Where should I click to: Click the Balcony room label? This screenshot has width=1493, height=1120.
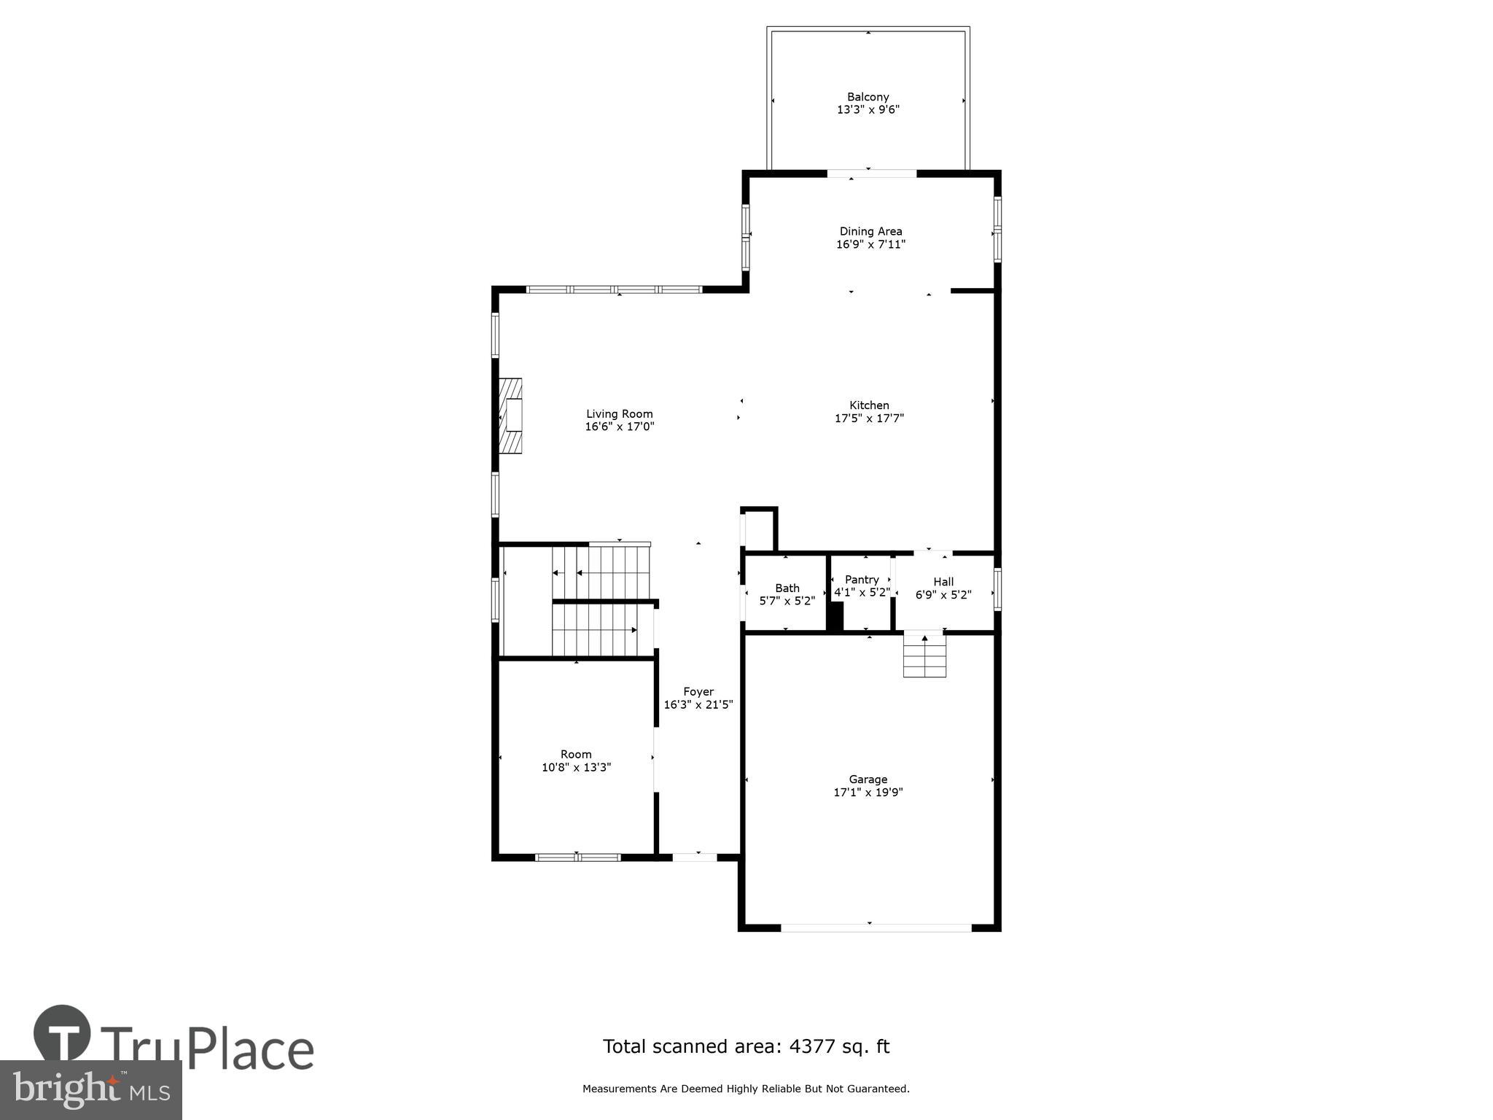coord(868,97)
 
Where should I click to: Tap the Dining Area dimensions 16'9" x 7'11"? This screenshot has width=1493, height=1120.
coord(870,244)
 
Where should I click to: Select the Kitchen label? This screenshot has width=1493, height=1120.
coord(869,405)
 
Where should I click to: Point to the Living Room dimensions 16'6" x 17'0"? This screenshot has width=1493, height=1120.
coord(620,427)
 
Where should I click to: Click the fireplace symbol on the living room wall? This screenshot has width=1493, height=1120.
coord(510,416)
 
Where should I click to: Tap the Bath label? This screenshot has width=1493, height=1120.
coord(787,588)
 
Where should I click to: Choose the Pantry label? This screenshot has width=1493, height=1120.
coord(862,580)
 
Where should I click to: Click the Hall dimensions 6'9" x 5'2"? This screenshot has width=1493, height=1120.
coord(943,595)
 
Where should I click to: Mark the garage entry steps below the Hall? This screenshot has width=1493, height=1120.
coord(924,656)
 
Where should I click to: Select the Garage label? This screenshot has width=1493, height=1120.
coord(868,779)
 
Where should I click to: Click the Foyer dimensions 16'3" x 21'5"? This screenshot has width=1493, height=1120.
coord(698,704)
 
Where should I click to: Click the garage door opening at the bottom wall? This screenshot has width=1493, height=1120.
coord(876,927)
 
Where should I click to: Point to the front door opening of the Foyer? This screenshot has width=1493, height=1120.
coord(695,857)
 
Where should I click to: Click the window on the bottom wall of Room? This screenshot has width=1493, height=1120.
coord(577,857)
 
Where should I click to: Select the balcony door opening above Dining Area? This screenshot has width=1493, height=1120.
coord(871,174)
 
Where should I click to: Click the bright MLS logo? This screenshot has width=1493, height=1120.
coord(90,1089)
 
